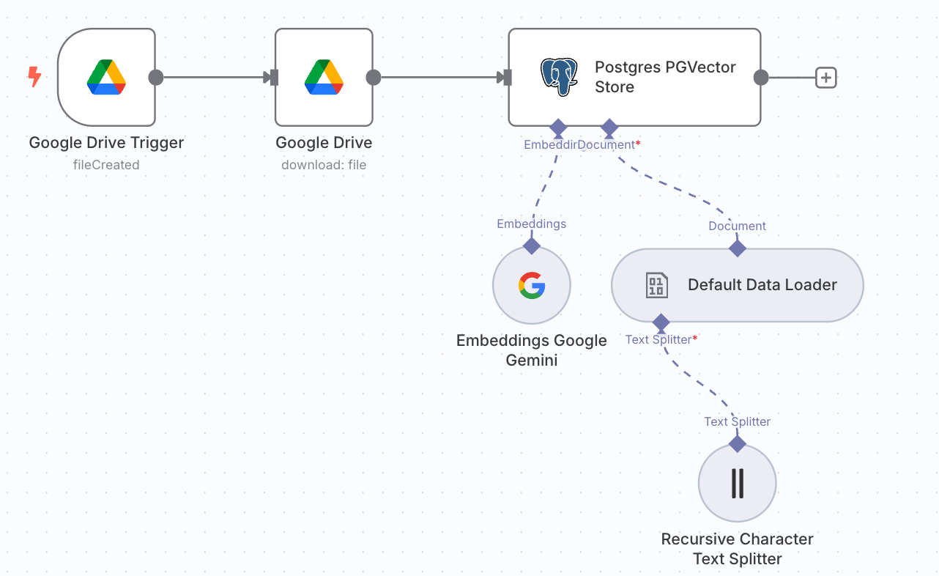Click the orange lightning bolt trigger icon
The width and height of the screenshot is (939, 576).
point(34,77)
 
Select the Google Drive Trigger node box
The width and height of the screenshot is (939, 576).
point(106,77)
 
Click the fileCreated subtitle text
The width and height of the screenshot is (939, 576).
point(106,165)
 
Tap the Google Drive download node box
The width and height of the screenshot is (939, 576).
point(324,77)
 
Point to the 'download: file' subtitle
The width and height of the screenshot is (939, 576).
point(324,165)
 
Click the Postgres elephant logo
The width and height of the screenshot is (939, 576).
point(559,77)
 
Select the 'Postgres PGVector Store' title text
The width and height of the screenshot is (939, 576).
point(664,77)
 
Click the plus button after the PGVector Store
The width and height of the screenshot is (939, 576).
point(826,77)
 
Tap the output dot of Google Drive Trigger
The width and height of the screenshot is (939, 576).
point(155,77)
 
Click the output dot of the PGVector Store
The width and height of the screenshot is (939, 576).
point(761,77)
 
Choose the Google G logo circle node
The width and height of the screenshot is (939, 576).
point(532,285)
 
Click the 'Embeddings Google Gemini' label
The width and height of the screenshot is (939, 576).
point(532,350)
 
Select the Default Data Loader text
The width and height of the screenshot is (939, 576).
point(762,285)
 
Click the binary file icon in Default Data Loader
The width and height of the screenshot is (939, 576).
point(656,285)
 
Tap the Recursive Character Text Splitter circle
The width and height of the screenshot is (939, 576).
point(737,483)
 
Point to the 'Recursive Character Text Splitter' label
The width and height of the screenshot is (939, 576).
point(737,549)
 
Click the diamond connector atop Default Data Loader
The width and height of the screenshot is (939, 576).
point(737,248)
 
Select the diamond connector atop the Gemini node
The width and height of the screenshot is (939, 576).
point(532,245)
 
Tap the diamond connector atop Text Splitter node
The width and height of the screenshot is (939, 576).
point(737,443)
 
